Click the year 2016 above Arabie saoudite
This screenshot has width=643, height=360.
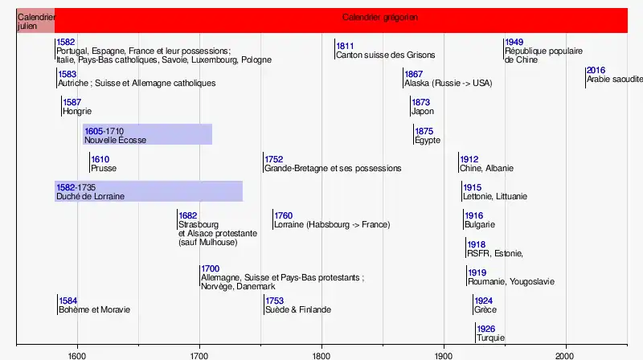[596, 71]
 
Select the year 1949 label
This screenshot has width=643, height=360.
[514, 42]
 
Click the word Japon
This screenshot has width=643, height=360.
[422, 112]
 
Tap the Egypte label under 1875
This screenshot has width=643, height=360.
[428, 141]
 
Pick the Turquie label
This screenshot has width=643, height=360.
[490, 338]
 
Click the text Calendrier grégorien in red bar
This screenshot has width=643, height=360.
[380, 18]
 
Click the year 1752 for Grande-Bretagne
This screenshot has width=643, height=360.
[274, 159]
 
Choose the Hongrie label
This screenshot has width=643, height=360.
[77, 112]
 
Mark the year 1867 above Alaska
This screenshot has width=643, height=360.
[413, 74]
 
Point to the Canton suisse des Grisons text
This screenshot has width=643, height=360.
[385, 55]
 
